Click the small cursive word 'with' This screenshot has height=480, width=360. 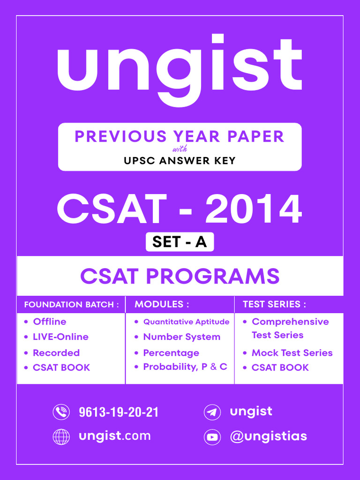click(x=180, y=150)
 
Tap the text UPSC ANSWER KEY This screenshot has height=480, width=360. click(x=180, y=161)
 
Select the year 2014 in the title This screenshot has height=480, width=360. click(x=253, y=209)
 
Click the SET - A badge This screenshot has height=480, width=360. click(x=180, y=242)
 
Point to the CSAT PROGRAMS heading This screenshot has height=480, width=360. click(x=180, y=276)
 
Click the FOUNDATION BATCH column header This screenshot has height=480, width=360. click(x=68, y=305)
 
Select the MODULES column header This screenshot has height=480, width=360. click(x=162, y=305)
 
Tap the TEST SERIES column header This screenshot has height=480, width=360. click(x=274, y=305)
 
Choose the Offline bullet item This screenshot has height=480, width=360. click(x=49, y=322)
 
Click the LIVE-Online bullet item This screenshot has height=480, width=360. click(x=60, y=337)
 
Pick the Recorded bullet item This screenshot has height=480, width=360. click(x=56, y=352)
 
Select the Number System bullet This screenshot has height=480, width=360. click(x=181, y=337)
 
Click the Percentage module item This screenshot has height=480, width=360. click(x=171, y=352)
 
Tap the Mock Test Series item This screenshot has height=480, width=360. click(x=292, y=352)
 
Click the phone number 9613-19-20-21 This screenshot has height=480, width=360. click(x=119, y=412)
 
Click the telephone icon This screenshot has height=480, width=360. click(x=61, y=412)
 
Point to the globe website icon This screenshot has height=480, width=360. click(x=61, y=437)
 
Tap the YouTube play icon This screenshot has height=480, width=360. click(x=212, y=437)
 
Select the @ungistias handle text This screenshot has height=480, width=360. click(x=268, y=436)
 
